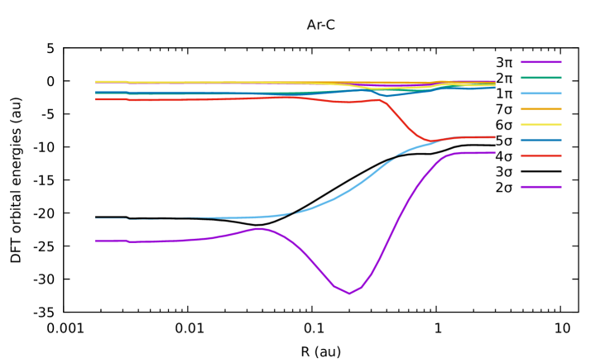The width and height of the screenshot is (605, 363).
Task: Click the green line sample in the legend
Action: point(541,78)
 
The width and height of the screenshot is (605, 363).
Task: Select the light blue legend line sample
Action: point(541,93)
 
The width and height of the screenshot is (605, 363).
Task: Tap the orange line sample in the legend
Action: point(541,109)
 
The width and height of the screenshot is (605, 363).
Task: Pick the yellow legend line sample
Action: point(541,125)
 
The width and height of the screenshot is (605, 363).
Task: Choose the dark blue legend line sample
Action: point(541,141)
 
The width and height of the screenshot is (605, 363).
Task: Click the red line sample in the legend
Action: point(541,155)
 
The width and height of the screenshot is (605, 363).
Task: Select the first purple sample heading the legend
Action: point(541,62)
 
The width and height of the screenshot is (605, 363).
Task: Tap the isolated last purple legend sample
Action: point(541,187)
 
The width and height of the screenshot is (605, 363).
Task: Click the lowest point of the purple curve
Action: point(349,294)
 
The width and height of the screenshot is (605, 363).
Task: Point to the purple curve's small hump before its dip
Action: point(259,228)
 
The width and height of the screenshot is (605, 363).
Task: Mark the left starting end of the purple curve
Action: point(96,241)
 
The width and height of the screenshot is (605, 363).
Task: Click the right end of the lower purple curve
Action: point(495,152)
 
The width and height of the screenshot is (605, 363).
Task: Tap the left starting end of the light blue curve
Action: point(96,218)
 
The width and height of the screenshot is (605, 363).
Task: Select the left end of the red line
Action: point(96,98)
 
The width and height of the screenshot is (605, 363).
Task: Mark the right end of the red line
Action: point(495,137)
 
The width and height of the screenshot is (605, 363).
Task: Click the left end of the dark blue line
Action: point(96,93)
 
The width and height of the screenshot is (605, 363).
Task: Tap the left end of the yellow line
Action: point(96,82)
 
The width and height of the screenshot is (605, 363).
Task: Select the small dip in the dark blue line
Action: point(387,96)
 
